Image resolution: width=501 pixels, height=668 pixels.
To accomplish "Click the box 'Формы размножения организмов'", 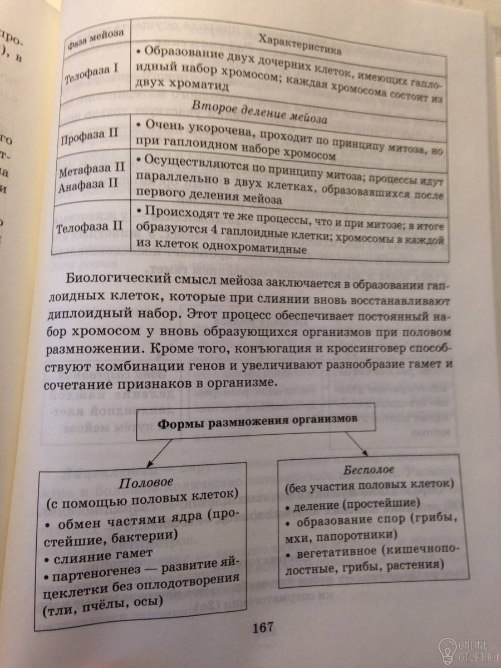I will (x=258, y=423).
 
